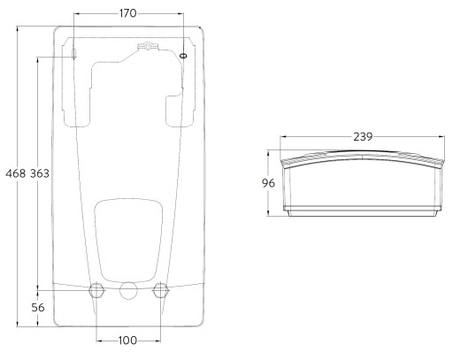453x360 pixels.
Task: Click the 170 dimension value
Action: coord(128,13)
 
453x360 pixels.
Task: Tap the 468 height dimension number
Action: coord(16,173)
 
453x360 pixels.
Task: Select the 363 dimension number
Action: coord(40,173)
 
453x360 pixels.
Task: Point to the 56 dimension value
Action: coord(38,308)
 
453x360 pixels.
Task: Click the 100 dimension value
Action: coord(128,341)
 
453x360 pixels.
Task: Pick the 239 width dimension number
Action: coord(363,137)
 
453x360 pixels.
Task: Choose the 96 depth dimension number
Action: coord(268,183)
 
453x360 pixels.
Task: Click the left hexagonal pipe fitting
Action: coord(96,290)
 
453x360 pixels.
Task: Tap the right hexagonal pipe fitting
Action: coord(161,290)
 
